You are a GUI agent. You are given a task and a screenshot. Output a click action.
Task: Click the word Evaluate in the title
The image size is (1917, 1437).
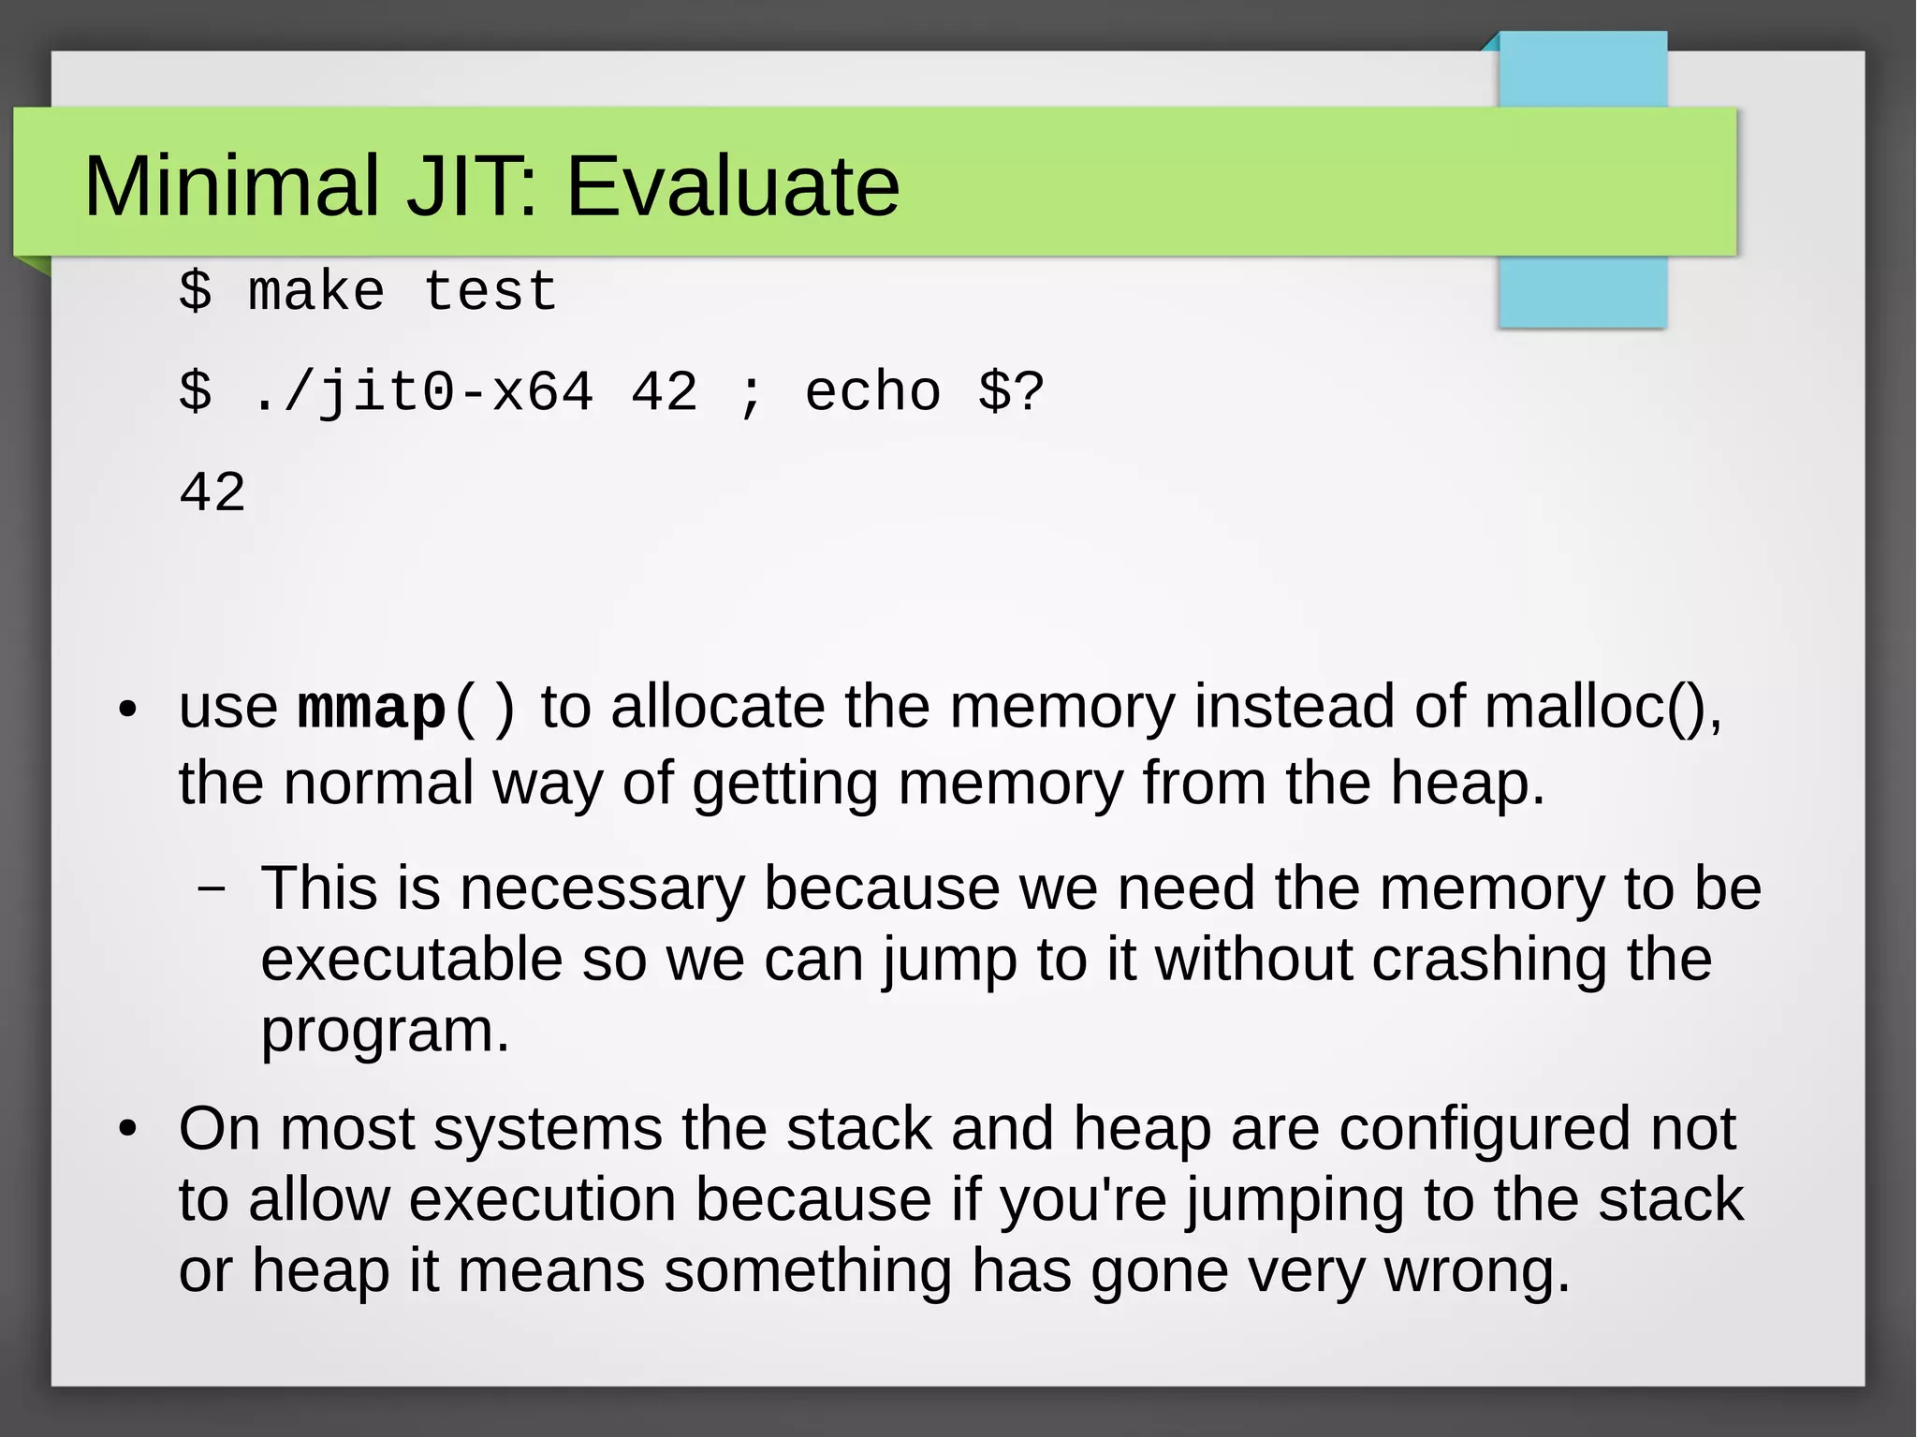pyautogui.click(x=732, y=186)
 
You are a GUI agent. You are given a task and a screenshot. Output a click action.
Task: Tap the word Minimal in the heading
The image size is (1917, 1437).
pyautogui.click(x=232, y=186)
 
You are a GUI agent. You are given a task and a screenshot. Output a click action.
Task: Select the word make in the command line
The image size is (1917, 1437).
pyautogui.click(x=316, y=291)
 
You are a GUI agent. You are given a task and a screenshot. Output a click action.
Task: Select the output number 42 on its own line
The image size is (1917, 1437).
pyautogui.click(x=212, y=492)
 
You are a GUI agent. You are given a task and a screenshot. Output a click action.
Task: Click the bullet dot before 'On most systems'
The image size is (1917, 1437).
pyautogui.click(x=128, y=1130)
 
